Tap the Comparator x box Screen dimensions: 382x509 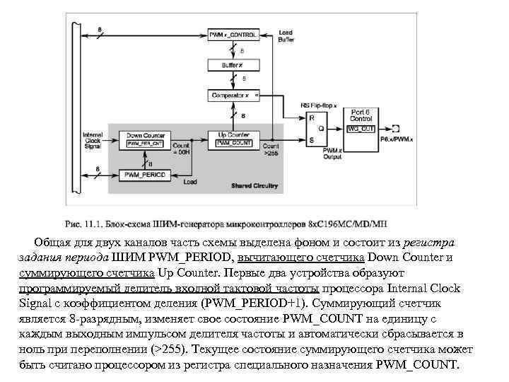[x=231, y=95]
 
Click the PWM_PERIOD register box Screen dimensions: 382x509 [x=146, y=174]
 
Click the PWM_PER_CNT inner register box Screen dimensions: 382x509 [x=145, y=144]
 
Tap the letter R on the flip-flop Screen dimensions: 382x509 [x=312, y=119]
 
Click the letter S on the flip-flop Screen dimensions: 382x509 [x=312, y=140]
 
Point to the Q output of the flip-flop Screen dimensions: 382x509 [x=321, y=129]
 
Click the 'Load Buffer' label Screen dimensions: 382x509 [x=286, y=36]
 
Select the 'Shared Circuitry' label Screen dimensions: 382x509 [x=255, y=186]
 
